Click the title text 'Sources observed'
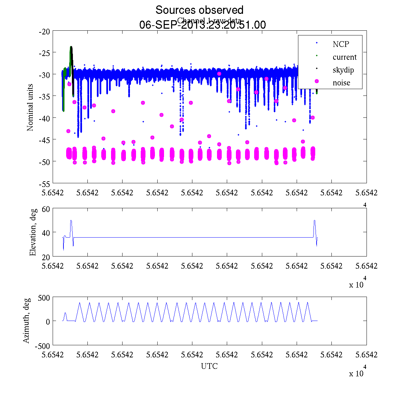199,10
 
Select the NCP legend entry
341,44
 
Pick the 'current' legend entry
344,57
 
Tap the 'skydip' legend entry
343,70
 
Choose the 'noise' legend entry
341,83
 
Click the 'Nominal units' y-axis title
30,107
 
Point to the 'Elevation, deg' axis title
33,232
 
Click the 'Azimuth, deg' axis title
26,321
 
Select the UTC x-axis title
209,366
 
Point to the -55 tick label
45,184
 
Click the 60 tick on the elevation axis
46,209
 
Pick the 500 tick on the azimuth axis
44,298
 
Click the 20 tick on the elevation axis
46,256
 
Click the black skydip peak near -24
71,47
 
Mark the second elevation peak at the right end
315,221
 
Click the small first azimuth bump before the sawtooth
65,313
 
